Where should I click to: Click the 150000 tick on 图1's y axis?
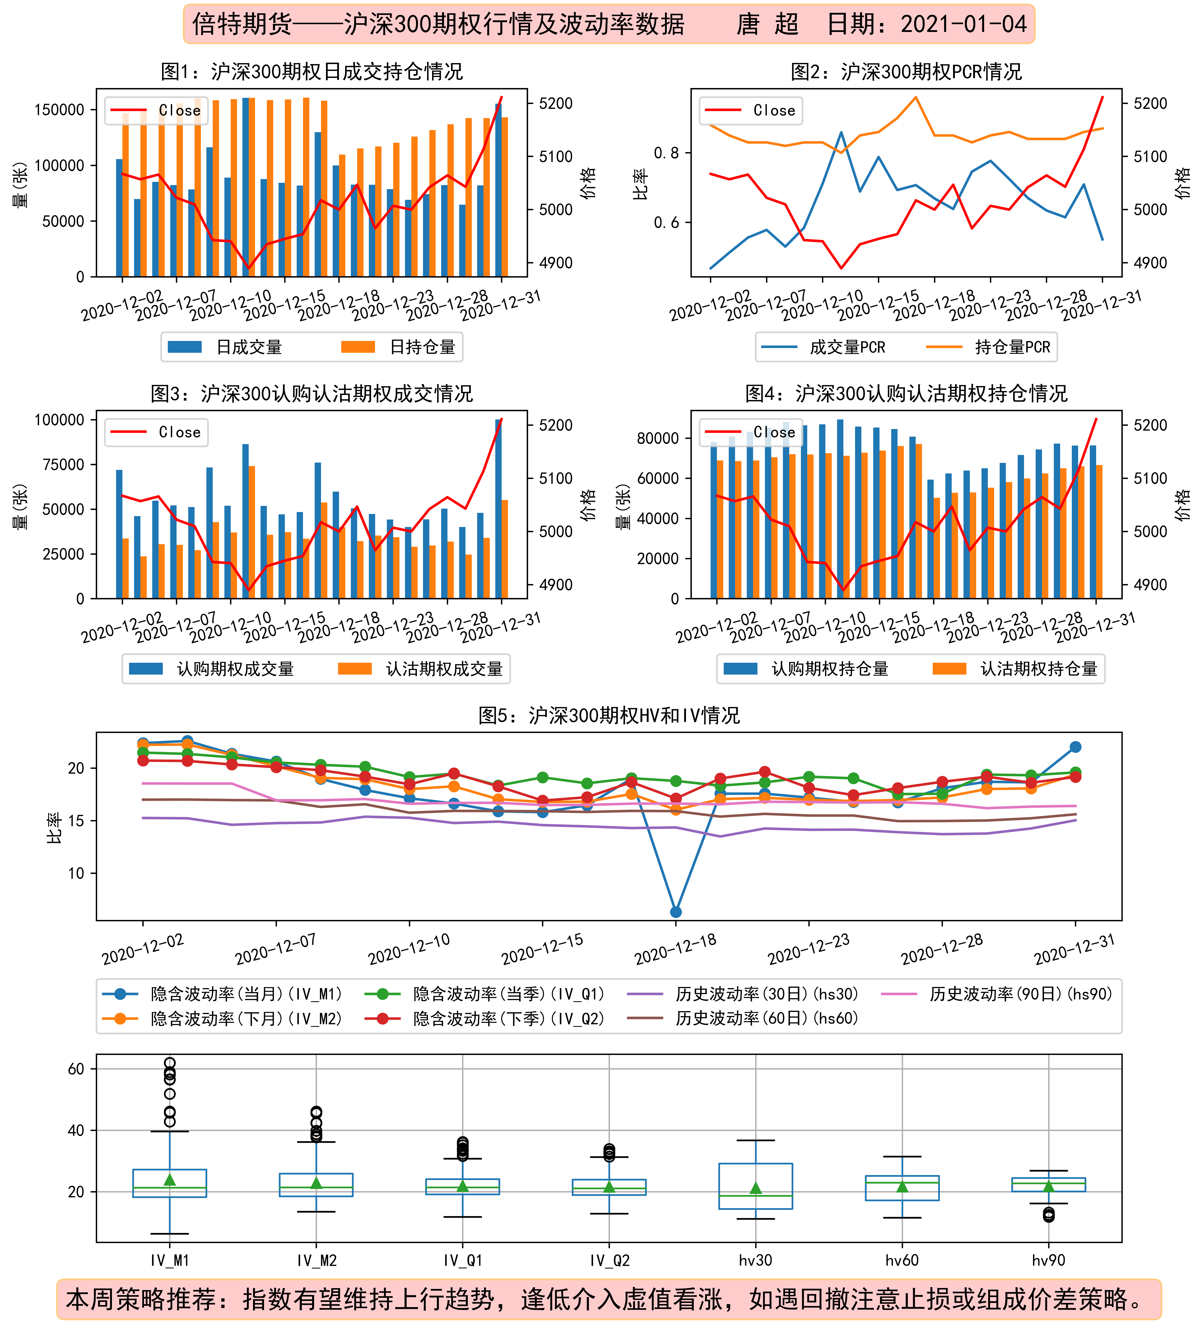[x=59, y=110]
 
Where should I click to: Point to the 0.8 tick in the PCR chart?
[x=666, y=153]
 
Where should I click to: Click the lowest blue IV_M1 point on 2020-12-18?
[x=676, y=912]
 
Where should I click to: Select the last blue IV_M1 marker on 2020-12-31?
[x=1075, y=747]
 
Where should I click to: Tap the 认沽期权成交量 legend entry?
[x=420, y=669]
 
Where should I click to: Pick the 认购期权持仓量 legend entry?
[x=805, y=669]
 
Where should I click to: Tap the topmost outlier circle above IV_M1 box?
[x=169, y=1063]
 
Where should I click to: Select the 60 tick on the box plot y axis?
[x=76, y=1069]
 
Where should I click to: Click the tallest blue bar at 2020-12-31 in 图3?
[x=498, y=509]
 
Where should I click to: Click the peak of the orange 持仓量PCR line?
[x=916, y=97]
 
